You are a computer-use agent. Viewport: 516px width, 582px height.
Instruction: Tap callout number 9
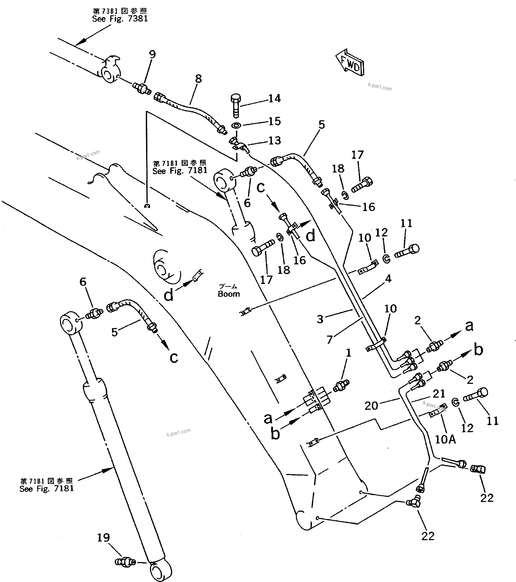point(152,54)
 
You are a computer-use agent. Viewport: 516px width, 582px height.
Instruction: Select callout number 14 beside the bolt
point(275,99)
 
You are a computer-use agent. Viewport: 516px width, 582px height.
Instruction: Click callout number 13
point(275,141)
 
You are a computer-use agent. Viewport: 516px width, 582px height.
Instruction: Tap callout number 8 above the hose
point(198,78)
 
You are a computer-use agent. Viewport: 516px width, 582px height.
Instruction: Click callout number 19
point(103,538)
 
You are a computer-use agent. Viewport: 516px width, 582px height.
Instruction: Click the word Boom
point(229,294)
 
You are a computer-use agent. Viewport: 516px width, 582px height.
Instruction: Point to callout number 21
point(439,394)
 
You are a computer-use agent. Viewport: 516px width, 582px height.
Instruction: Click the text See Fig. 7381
point(120,19)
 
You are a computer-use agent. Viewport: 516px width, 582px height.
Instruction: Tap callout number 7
point(330,339)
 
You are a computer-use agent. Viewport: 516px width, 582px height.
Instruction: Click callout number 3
point(320,319)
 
